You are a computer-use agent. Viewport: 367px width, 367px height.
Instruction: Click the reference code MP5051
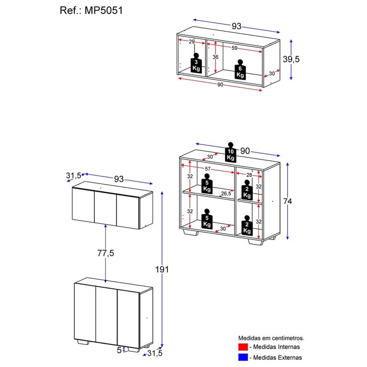tap(105, 10)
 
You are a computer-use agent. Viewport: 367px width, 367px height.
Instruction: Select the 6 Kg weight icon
tap(239, 70)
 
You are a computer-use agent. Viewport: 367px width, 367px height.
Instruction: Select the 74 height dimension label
tap(288, 201)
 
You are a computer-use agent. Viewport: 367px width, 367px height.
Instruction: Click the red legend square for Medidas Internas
tap(243, 346)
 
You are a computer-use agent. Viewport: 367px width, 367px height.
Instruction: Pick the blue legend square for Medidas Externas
tap(243, 357)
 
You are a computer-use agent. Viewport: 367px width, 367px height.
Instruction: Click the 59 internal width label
tap(234, 48)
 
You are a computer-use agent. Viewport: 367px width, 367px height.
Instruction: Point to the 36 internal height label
tap(216, 57)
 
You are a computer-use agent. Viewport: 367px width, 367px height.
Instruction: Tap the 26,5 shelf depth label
tap(226, 194)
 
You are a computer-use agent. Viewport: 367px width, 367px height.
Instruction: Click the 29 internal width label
tap(191, 42)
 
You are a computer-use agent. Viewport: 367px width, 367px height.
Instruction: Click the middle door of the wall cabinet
tap(105, 207)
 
